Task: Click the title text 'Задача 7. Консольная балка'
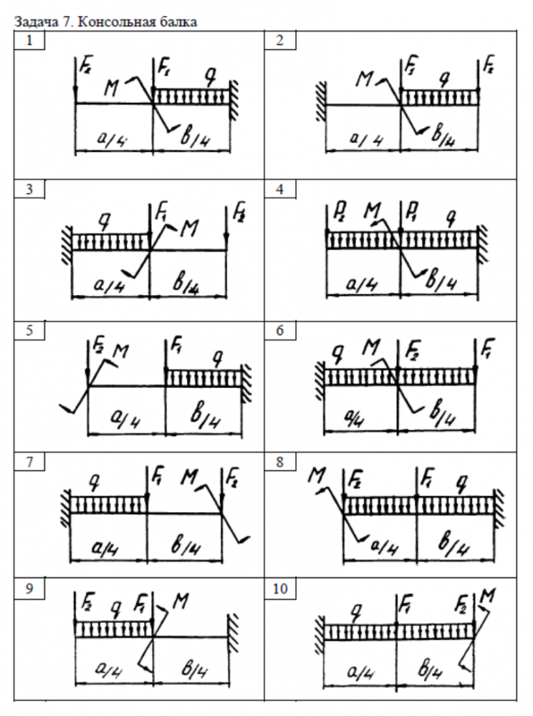[106, 21]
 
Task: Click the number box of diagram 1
[29, 41]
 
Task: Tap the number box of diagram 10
[280, 589]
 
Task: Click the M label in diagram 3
[188, 228]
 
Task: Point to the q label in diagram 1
[210, 74]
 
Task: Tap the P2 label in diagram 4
[332, 213]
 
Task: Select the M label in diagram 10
[489, 594]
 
